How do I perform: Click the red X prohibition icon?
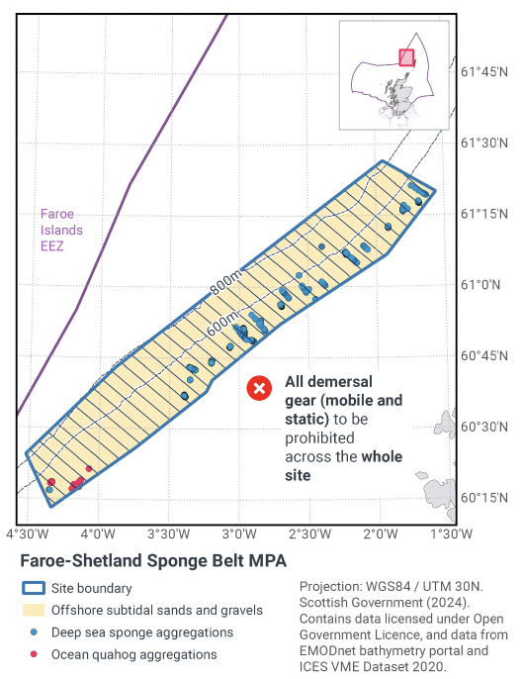coord(259,388)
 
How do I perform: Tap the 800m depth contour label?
coord(225,287)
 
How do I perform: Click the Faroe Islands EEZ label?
coord(61,230)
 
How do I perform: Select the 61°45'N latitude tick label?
coord(485,72)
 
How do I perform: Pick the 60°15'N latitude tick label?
coord(485,498)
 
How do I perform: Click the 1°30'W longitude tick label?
coord(452,533)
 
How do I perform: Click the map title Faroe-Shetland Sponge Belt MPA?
coord(153,561)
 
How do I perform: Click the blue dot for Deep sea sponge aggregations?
coord(35,632)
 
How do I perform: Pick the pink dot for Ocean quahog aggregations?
coord(35,654)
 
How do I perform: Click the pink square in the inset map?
coord(405,57)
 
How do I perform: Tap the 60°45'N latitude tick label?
coord(485,356)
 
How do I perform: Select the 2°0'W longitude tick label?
coord(381,533)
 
